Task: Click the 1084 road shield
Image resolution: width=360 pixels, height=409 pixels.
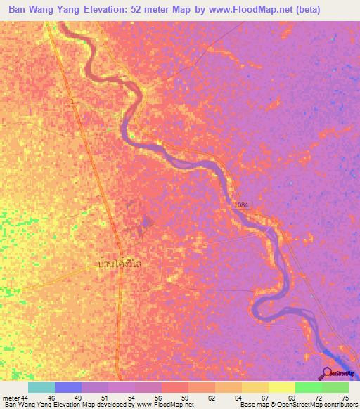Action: pyautogui.click(x=241, y=204)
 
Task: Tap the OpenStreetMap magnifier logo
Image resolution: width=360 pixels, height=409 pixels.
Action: pyautogui.click(x=327, y=373)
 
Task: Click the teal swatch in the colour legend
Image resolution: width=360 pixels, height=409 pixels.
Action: pyautogui.click(x=41, y=388)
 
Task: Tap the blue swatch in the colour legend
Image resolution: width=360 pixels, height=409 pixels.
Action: pyautogui.click(x=68, y=388)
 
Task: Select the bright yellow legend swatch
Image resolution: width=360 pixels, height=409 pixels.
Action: pyautogui.click(x=281, y=388)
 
